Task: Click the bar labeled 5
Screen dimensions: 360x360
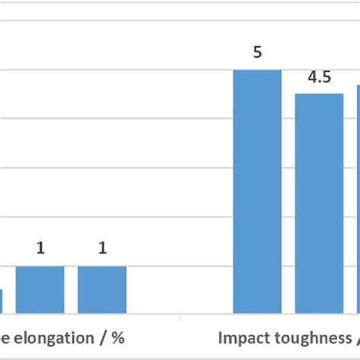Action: pos(257,191)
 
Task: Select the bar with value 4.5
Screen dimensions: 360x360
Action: pos(319,203)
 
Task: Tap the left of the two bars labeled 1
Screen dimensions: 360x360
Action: pos(40,289)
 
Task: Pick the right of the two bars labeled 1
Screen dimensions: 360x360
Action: pos(102,289)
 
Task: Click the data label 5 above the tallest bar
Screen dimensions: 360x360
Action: pos(257,54)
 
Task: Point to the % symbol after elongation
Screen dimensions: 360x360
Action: pos(118,336)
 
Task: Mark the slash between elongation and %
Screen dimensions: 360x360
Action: pos(106,336)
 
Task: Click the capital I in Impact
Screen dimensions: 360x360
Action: pos(221,336)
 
